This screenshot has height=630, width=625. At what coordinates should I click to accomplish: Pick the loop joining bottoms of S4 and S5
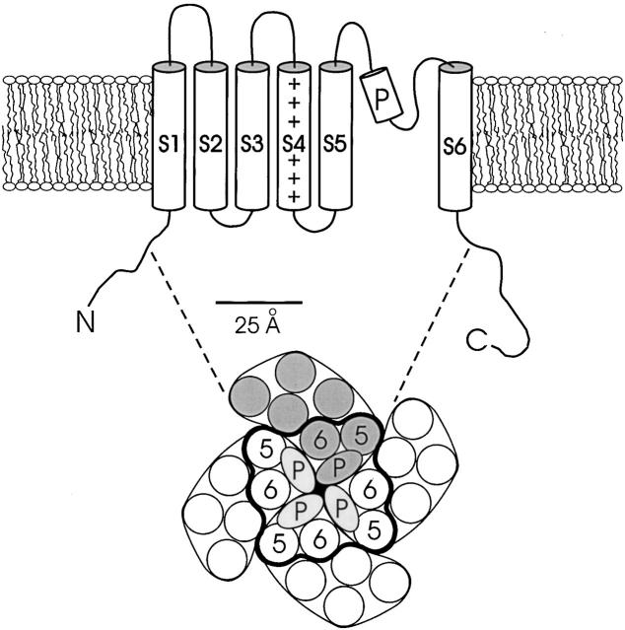(313, 230)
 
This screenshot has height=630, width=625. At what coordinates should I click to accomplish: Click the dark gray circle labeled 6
(318, 436)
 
